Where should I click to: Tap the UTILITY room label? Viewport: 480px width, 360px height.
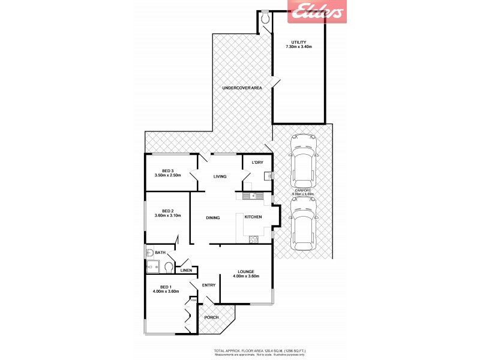[x=298, y=42]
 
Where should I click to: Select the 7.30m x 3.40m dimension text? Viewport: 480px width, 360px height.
[x=298, y=47]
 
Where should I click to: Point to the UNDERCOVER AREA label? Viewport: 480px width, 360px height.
[x=242, y=88]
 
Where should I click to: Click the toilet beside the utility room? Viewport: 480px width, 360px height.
[x=266, y=18]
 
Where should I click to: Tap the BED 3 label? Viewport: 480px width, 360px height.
[x=168, y=170]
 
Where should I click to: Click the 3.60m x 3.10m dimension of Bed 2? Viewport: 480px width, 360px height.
[x=168, y=215]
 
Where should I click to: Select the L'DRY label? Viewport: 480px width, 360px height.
[x=257, y=163]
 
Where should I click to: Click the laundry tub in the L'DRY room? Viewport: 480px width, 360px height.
[x=268, y=175]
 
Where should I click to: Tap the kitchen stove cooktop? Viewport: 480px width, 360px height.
[x=253, y=239]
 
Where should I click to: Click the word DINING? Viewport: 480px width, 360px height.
[x=213, y=218]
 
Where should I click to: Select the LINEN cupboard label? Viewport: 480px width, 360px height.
[x=187, y=270]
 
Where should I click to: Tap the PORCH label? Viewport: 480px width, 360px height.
[x=211, y=317]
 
